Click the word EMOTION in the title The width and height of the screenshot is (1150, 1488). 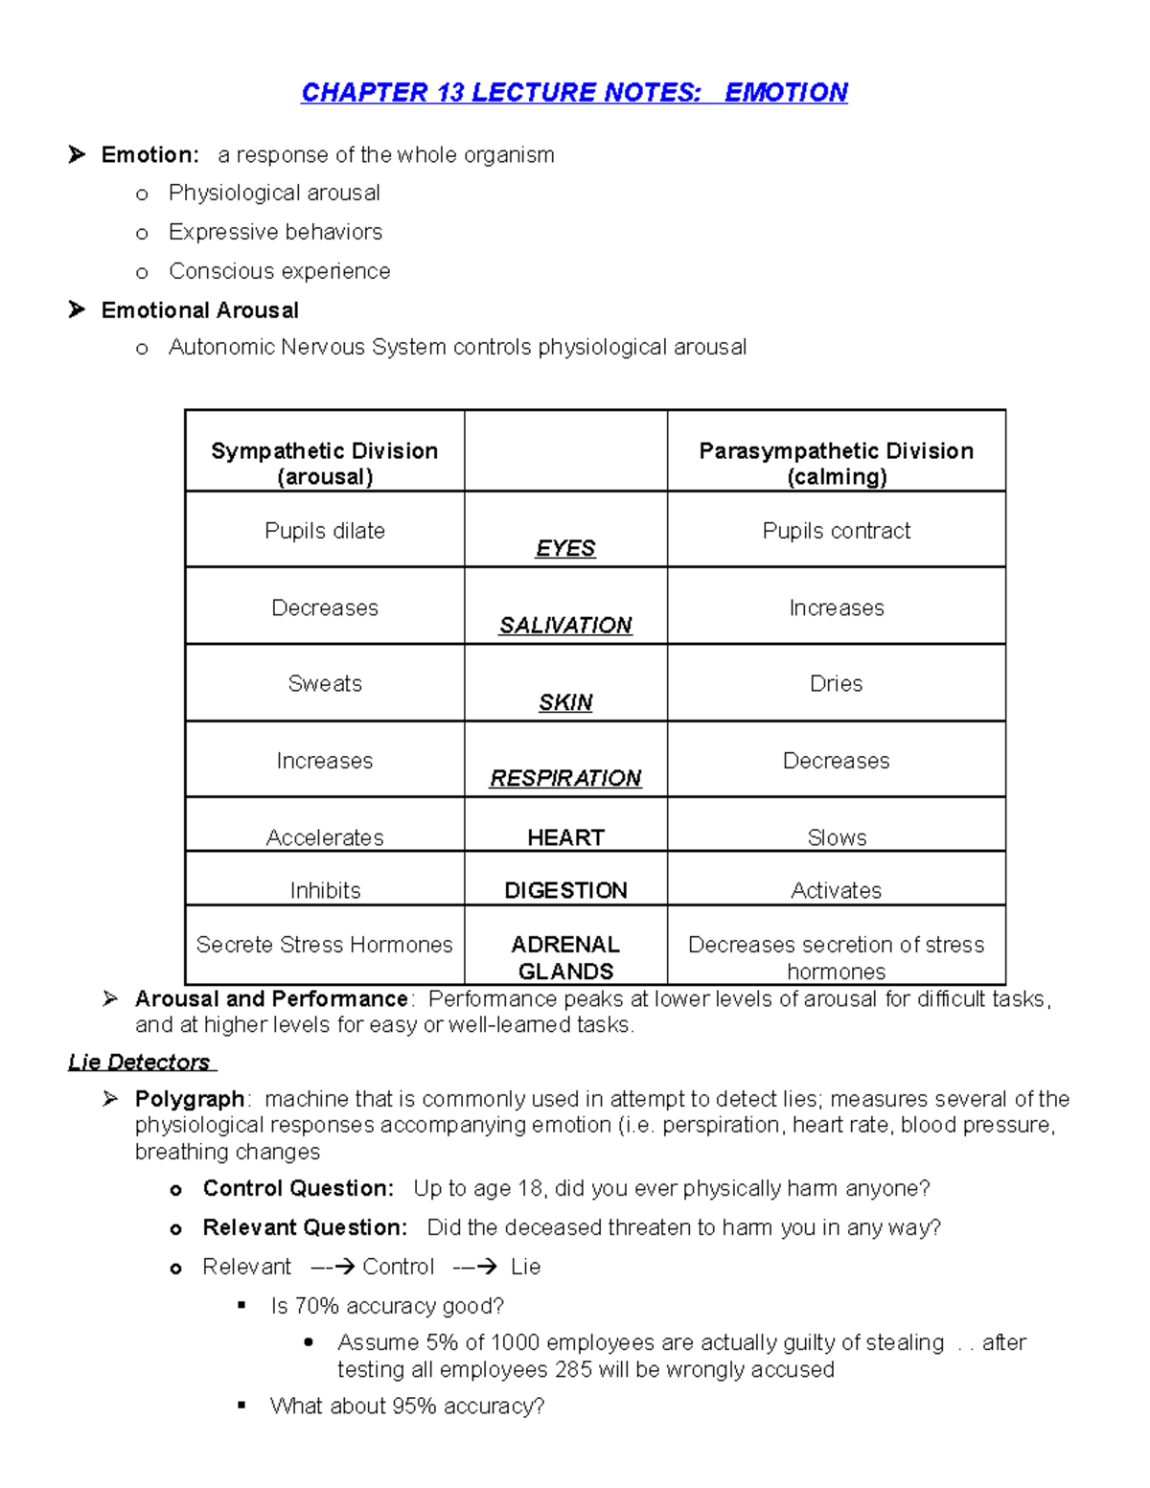click(x=786, y=92)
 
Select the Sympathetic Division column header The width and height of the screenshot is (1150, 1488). click(x=324, y=463)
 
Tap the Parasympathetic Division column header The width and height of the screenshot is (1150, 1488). click(x=836, y=463)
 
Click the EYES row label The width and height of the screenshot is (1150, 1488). click(x=565, y=548)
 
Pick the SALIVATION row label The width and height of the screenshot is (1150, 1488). click(x=565, y=625)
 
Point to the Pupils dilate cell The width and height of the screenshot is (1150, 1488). click(x=324, y=531)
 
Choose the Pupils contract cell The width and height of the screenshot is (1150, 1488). click(x=836, y=531)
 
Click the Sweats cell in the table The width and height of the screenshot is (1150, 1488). click(x=324, y=683)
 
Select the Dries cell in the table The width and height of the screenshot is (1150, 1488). click(x=836, y=683)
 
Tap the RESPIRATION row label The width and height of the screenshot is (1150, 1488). click(x=565, y=778)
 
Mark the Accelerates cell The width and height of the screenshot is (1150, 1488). click(x=324, y=837)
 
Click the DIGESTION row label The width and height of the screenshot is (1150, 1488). click(x=565, y=890)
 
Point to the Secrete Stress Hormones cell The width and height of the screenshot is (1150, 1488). click(x=324, y=945)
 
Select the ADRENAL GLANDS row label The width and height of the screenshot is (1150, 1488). click(x=565, y=957)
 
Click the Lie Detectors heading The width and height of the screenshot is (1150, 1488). click(x=140, y=1062)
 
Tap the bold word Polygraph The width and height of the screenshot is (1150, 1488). click(x=190, y=1099)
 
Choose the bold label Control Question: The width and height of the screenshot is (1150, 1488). click(x=298, y=1188)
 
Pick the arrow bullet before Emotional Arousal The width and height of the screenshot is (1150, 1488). click(x=77, y=309)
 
